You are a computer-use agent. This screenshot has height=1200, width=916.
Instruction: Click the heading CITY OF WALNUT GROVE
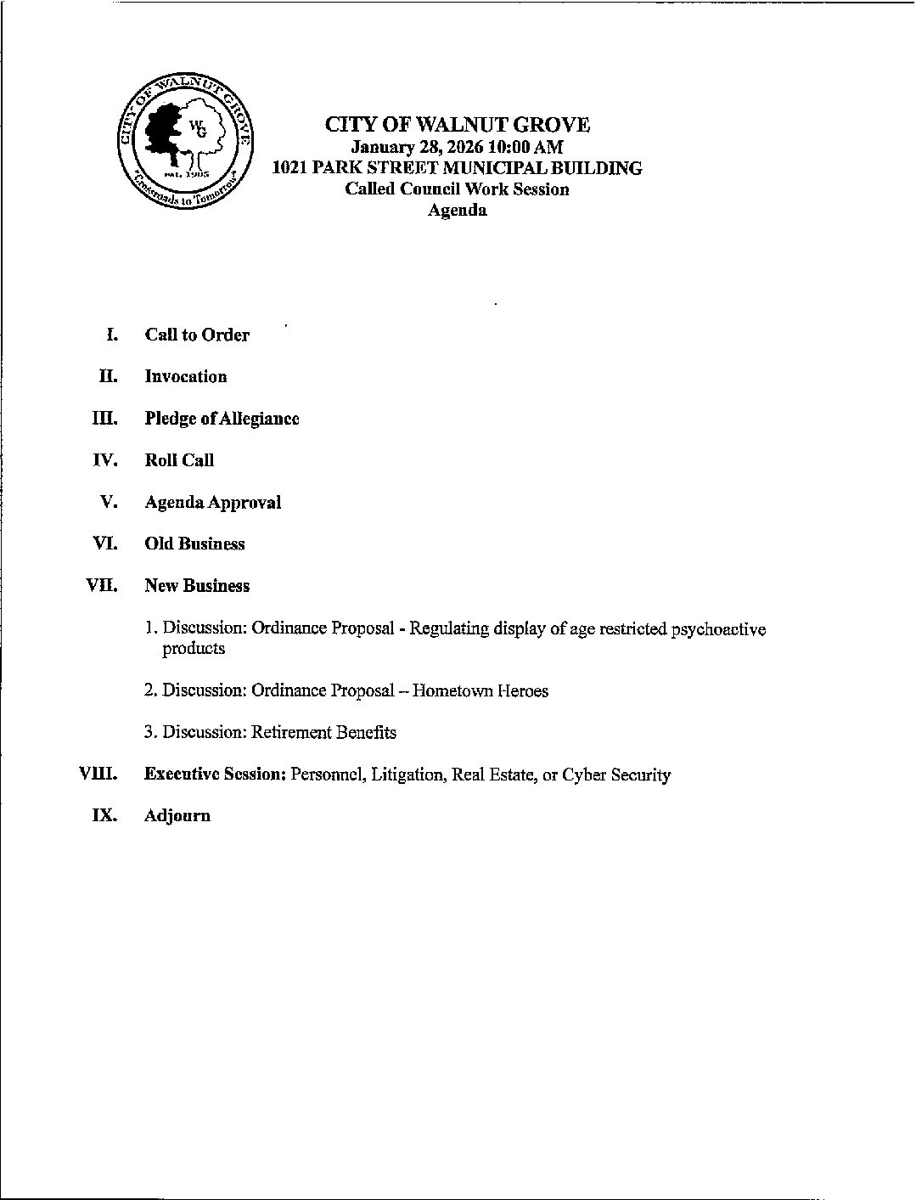pos(458,125)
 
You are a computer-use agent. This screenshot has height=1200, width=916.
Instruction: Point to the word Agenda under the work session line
pos(457,211)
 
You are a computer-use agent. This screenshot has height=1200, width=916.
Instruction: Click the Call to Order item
pos(197,335)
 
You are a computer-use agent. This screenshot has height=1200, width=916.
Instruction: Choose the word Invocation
pos(186,376)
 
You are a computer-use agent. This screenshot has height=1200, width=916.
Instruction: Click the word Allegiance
pos(259,418)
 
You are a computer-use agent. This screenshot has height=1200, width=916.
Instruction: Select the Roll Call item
pos(179,460)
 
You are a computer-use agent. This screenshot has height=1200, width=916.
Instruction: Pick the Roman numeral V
pos(108,502)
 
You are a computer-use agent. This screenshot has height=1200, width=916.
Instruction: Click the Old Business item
pos(194,544)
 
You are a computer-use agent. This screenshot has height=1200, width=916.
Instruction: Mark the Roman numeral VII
pos(103,585)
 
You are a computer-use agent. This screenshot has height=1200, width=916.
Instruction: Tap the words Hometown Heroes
pos(480,690)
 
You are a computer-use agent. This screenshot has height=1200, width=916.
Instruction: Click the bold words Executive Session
pos(215,775)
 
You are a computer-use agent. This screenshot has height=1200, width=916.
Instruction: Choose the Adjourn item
pos(177,816)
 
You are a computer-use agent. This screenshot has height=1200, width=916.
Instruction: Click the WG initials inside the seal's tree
pos(197,129)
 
